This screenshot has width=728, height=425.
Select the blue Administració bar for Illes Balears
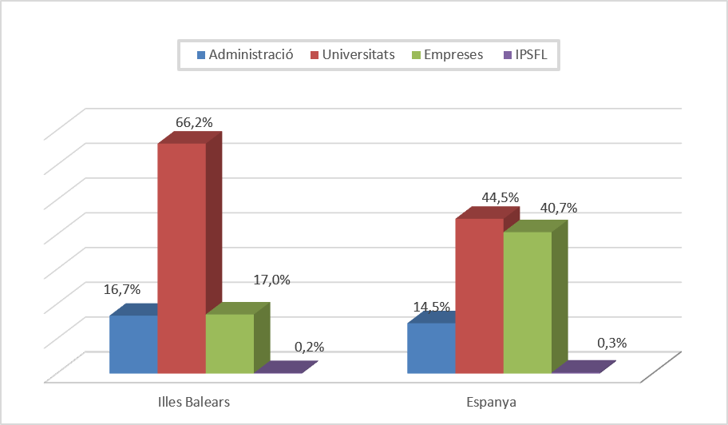pyautogui.click(x=133, y=344)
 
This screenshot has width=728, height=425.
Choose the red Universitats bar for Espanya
pyautogui.click(x=479, y=296)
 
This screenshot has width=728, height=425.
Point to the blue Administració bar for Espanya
pyautogui.click(x=431, y=348)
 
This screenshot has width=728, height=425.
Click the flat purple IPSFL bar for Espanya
pyautogui.click(x=584, y=367)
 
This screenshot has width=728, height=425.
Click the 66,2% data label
pyautogui.click(x=194, y=122)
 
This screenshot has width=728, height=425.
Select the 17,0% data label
pyautogui.click(x=271, y=280)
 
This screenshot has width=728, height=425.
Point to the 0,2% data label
pyautogui.click(x=309, y=347)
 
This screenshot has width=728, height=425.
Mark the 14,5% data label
pyautogui.click(x=432, y=307)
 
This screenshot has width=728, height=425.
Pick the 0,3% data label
pyautogui.click(x=612, y=343)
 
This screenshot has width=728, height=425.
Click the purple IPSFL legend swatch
pyautogui.click(x=508, y=56)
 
